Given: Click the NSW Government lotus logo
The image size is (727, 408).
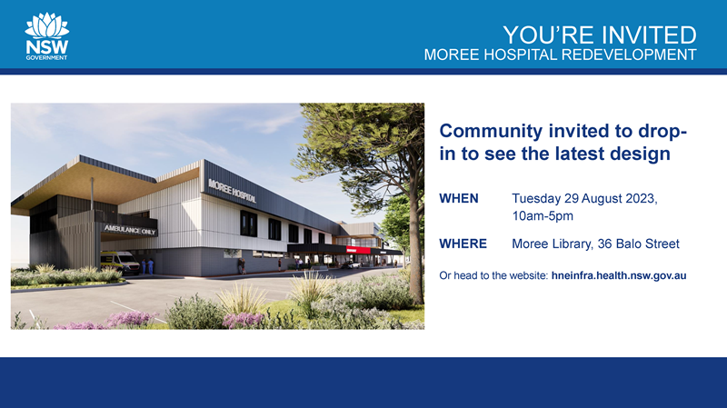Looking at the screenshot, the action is coord(46,36).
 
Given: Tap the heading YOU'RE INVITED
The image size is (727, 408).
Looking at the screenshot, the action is coord(600,35).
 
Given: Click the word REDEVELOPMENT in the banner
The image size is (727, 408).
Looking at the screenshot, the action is coord(629,55).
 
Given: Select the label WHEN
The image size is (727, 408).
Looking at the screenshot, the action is coord(459,198).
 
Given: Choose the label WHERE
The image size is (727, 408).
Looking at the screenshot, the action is coord(463,244).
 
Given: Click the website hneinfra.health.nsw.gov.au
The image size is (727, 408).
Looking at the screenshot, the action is coord(619,275).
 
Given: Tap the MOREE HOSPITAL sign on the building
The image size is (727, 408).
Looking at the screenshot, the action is coord(232,191).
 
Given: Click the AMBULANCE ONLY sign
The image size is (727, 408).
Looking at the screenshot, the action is coord(130,230).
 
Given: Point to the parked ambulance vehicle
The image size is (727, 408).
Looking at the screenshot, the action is coord(120,262).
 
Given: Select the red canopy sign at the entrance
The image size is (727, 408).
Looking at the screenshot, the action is coord(358,250).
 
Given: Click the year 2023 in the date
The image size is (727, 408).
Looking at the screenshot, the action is coord(642,198).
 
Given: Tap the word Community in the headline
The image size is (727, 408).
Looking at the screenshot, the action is coord(491,131).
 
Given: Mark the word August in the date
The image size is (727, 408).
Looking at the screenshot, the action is coord(602,199).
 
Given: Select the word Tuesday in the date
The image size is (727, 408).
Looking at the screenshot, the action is coord(536,199).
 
